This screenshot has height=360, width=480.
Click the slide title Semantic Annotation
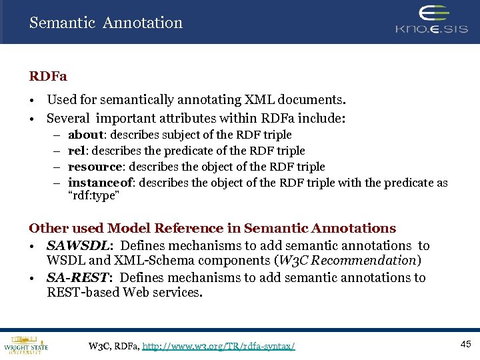105,23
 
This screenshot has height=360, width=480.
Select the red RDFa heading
48,77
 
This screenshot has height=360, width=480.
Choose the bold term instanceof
99,183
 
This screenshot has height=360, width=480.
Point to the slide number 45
466,343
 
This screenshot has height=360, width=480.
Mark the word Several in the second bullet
68,119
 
